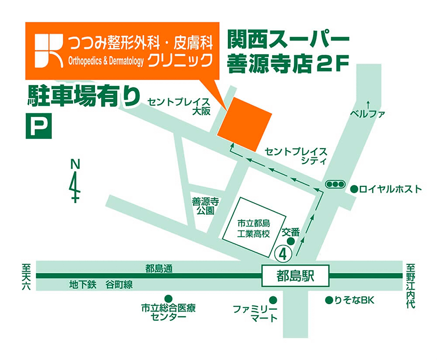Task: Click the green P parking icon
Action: (38, 126)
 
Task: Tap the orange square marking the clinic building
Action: (245, 123)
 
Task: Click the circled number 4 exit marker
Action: (282, 252)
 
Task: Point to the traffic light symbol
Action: (334, 185)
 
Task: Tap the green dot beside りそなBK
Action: (329, 299)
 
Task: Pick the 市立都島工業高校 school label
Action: (254, 228)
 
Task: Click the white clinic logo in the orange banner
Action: (49, 51)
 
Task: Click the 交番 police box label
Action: (291, 232)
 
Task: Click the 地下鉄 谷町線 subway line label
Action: (101, 285)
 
